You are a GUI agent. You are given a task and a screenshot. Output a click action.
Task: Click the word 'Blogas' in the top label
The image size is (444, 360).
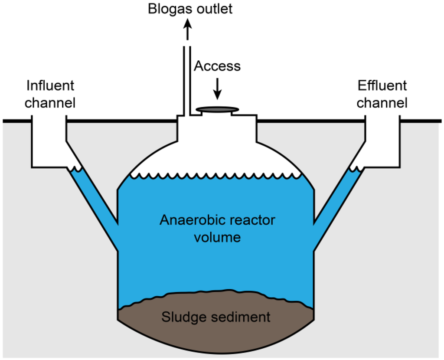point(166,9)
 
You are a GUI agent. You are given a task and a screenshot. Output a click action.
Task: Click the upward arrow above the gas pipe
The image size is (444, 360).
point(187,31)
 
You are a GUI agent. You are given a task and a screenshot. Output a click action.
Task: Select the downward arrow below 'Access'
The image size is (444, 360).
point(217,88)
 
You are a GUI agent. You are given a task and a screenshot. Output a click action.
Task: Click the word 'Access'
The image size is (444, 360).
point(217,66)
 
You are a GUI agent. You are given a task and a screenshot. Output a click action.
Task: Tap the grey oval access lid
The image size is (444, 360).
point(217,109)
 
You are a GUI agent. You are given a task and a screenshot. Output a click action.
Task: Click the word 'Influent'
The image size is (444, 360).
point(50,85)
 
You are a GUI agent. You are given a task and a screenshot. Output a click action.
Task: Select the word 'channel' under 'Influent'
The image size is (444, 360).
point(50,103)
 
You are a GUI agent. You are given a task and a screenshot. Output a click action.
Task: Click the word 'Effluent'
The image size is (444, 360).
point(382,85)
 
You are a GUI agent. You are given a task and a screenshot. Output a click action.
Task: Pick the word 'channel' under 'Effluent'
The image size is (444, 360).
point(382,103)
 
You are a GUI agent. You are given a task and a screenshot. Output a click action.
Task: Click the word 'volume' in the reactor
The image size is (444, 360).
point(217,238)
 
